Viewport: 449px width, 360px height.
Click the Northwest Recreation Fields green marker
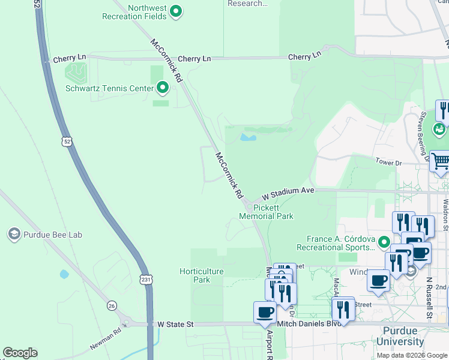click(x=176, y=10)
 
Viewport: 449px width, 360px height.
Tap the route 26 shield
click(x=112, y=306)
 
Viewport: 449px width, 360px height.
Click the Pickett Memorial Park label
click(x=266, y=212)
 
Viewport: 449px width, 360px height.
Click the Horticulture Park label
click(x=202, y=275)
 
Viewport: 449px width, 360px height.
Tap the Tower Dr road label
click(x=388, y=163)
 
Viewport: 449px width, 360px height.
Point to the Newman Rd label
click(x=105, y=343)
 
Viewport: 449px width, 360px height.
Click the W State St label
click(x=175, y=324)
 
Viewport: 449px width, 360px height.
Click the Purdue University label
click(x=400, y=336)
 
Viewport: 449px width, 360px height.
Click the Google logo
click(x=20, y=353)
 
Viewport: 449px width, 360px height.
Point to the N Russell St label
click(x=429, y=298)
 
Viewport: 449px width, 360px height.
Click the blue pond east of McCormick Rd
click(x=248, y=137)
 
